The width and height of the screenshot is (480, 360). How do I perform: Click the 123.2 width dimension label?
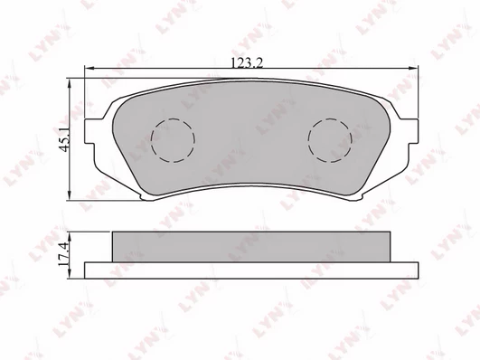pos(247,63)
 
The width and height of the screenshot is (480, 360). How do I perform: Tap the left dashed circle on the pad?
pos(173,140)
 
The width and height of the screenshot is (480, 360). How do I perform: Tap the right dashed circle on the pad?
pos(330,140)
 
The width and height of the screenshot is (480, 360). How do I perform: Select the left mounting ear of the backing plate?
pos(90,131)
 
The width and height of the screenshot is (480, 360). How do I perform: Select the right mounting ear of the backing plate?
pos(411,131)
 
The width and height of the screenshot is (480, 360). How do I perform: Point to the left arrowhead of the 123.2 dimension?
pos(89,69)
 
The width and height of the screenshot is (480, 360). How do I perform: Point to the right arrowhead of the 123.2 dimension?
pos(414,69)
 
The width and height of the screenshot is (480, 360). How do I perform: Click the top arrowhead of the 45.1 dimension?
pos(71,82)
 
